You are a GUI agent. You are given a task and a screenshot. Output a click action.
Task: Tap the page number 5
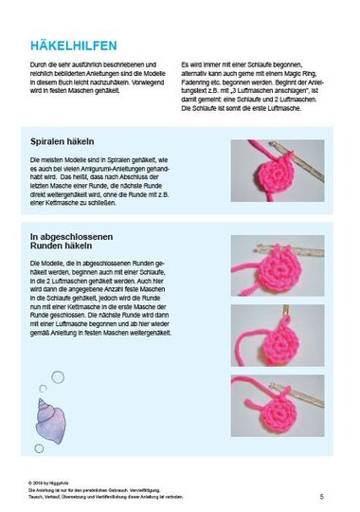click(x=321, y=497)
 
